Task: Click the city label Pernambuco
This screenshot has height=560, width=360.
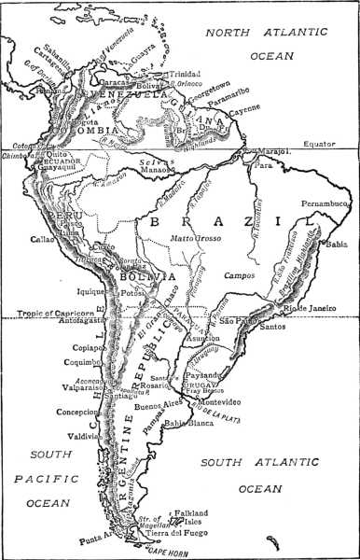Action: [325, 202]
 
